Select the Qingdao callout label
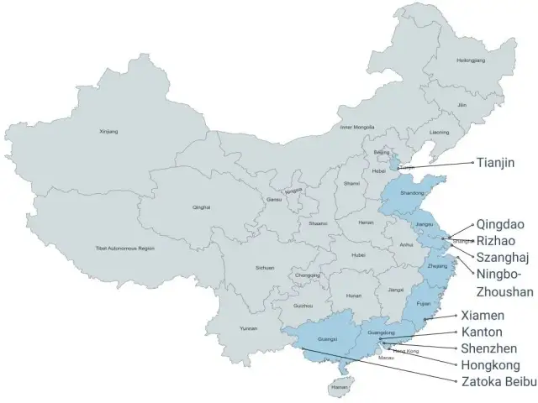(498, 224)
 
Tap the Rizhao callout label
(495, 240)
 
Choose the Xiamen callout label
(483, 316)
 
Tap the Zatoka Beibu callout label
(499, 381)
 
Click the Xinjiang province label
(108, 132)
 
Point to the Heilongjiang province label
(470, 60)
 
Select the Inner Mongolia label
(356, 127)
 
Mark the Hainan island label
(339, 388)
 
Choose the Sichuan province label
(265, 268)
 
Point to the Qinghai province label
(201, 207)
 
